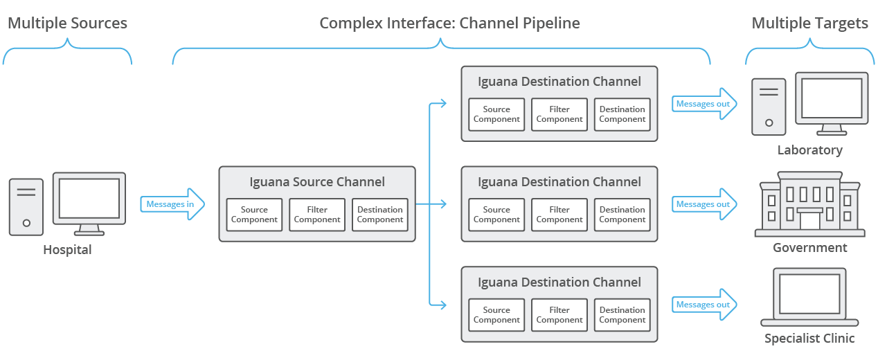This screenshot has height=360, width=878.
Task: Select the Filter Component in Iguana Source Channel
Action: (317, 215)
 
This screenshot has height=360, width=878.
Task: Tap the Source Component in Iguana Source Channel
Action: (254, 215)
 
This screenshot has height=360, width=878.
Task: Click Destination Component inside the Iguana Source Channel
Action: (379, 215)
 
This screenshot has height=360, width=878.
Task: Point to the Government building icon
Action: (809, 204)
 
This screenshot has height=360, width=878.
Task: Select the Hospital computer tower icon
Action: (26, 206)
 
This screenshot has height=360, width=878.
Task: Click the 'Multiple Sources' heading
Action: (67, 24)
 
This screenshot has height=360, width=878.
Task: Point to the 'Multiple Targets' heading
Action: (809, 24)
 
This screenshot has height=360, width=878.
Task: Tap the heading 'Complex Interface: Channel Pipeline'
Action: (449, 24)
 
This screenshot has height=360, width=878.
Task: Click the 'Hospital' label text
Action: (67, 250)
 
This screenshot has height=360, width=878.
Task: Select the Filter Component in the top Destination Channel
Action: (559, 114)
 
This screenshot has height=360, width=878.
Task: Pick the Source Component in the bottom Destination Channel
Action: (496, 315)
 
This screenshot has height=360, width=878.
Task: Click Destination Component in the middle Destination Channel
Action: (622, 215)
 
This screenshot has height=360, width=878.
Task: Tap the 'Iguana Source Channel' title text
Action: (317, 182)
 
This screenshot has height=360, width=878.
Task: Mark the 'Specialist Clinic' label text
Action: (809, 339)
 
